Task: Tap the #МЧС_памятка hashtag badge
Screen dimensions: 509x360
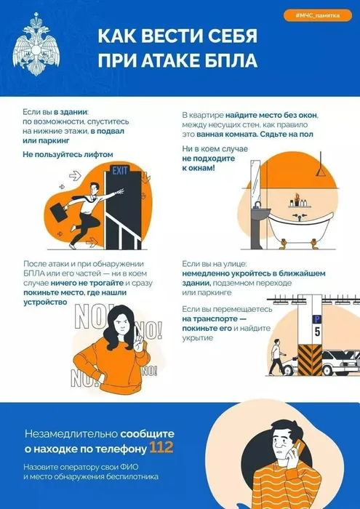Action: tap(317, 15)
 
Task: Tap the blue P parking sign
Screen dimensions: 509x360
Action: tap(316, 318)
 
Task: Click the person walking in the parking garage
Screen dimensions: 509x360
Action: tap(277, 357)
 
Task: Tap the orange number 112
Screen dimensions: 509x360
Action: tap(161, 447)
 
